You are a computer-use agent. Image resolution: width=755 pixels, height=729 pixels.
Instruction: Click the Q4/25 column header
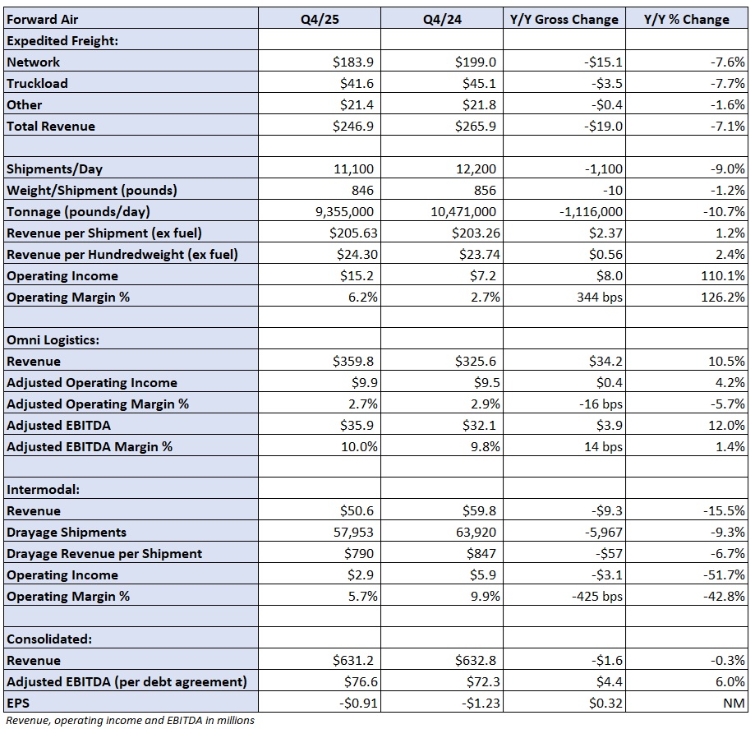(320, 19)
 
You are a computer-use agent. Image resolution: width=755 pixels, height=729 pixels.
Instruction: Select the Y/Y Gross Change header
(564, 19)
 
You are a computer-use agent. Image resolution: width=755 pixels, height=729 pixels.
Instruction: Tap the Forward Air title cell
(43, 19)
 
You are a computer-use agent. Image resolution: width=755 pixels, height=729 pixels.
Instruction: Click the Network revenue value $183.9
(353, 62)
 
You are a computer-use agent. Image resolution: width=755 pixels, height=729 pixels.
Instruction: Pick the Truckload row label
(37, 83)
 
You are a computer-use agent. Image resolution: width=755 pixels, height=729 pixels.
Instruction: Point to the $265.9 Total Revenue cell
(475, 127)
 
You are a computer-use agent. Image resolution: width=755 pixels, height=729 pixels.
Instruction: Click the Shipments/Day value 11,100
(353, 169)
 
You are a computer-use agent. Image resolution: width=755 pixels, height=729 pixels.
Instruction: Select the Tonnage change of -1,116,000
(591, 211)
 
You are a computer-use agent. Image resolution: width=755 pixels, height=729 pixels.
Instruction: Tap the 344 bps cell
(599, 298)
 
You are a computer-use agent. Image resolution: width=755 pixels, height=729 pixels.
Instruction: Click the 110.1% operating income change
(723, 275)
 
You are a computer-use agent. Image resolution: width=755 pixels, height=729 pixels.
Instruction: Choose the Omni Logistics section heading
(53, 340)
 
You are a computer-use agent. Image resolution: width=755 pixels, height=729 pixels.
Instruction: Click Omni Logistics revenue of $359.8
(353, 362)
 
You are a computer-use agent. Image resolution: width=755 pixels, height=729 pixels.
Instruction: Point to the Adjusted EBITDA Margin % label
(90, 446)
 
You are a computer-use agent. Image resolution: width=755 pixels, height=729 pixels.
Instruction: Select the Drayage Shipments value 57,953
(353, 533)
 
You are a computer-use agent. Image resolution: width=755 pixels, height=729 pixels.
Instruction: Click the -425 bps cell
(596, 597)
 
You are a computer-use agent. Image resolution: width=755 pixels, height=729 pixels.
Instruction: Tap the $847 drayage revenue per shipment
(481, 554)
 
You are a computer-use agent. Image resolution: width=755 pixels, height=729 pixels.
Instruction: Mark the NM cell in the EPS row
(734, 704)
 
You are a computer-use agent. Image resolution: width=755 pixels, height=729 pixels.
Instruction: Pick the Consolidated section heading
(49, 639)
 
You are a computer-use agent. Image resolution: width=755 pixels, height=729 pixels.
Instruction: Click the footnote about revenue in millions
(130, 720)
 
